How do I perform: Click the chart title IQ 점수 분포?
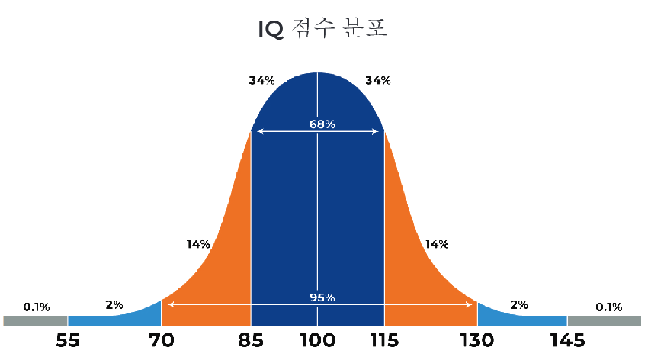coord(324,29)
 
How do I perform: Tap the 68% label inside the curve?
coord(322,124)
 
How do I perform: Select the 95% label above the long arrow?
coord(322,297)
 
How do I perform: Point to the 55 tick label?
coord(68,339)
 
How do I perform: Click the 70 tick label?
coord(161,339)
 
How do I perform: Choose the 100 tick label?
coord(317,339)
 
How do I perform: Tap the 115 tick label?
coord(383,339)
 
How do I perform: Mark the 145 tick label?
coord(566,339)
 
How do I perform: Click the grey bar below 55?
coord(35,321)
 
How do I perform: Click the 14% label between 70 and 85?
coord(198,245)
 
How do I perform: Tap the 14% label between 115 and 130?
coord(436,245)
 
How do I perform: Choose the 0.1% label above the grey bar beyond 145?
coord(608,307)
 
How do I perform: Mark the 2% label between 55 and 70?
coord(114,305)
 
